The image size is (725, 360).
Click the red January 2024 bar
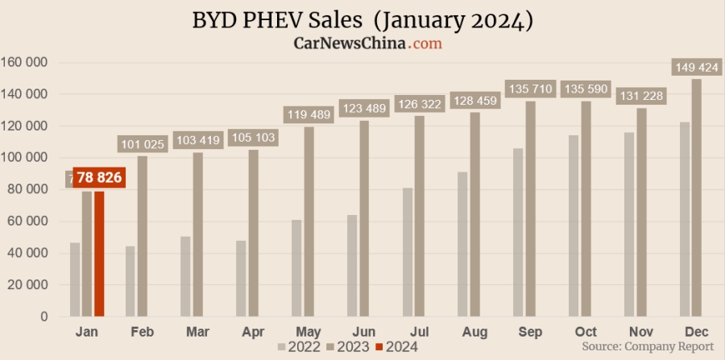[x=99, y=254]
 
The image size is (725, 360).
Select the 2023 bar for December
[x=696, y=197]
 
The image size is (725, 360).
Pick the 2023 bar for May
[x=309, y=221]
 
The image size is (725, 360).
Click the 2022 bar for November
[x=629, y=225]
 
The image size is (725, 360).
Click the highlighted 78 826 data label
[x=99, y=177]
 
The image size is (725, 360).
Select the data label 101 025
[x=143, y=144]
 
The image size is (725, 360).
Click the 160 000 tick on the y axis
[x=25, y=62]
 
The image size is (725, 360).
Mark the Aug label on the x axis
[x=474, y=331]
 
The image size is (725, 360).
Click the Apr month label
[x=252, y=331]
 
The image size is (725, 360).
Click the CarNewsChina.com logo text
[x=367, y=43]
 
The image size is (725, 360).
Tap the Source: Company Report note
[x=648, y=346]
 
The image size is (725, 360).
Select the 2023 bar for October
[x=586, y=209]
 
